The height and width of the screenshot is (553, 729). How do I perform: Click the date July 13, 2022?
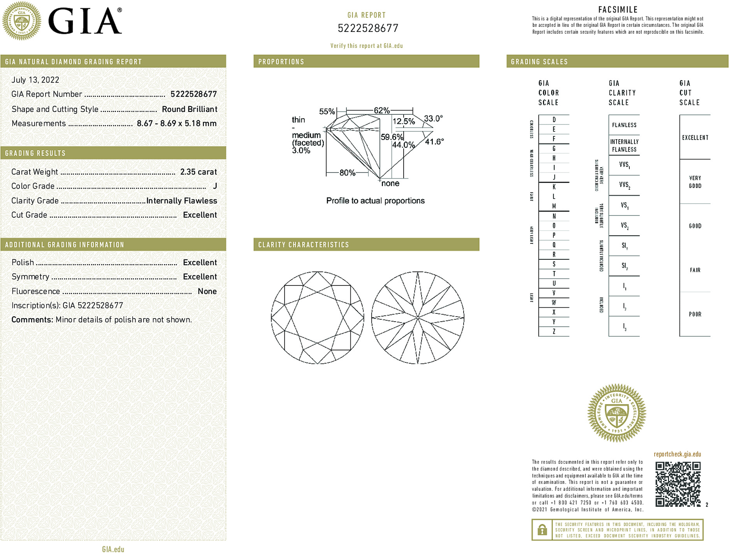(35, 80)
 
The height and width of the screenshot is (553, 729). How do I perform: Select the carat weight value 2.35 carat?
(198, 172)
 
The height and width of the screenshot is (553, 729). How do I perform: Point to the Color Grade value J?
(215, 186)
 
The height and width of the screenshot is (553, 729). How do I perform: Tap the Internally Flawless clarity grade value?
(182, 201)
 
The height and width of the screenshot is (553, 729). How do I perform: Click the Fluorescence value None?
(207, 291)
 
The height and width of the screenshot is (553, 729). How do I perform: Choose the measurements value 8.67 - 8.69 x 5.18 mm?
(177, 124)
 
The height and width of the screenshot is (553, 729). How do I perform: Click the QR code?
(678, 484)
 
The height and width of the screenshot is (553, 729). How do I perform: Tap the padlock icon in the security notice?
(542, 530)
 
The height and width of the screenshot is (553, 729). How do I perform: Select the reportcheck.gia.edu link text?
(677, 454)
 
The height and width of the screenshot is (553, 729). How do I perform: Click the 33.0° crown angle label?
(433, 118)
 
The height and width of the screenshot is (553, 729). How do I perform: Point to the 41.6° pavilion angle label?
(434, 142)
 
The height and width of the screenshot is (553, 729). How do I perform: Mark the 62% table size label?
(382, 110)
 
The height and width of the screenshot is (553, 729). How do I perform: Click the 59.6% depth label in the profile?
(392, 137)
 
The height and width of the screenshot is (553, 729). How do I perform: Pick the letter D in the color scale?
(554, 120)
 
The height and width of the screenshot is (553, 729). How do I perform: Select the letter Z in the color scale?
(554, 331)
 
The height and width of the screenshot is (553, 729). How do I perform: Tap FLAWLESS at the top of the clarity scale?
(624, 125)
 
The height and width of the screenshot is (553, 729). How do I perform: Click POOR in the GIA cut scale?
(695, 314)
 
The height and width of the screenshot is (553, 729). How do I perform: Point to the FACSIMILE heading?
(618, 10)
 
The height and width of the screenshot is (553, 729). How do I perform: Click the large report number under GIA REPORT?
(368, 28)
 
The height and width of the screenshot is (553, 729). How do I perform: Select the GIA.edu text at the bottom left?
(113, 549)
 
